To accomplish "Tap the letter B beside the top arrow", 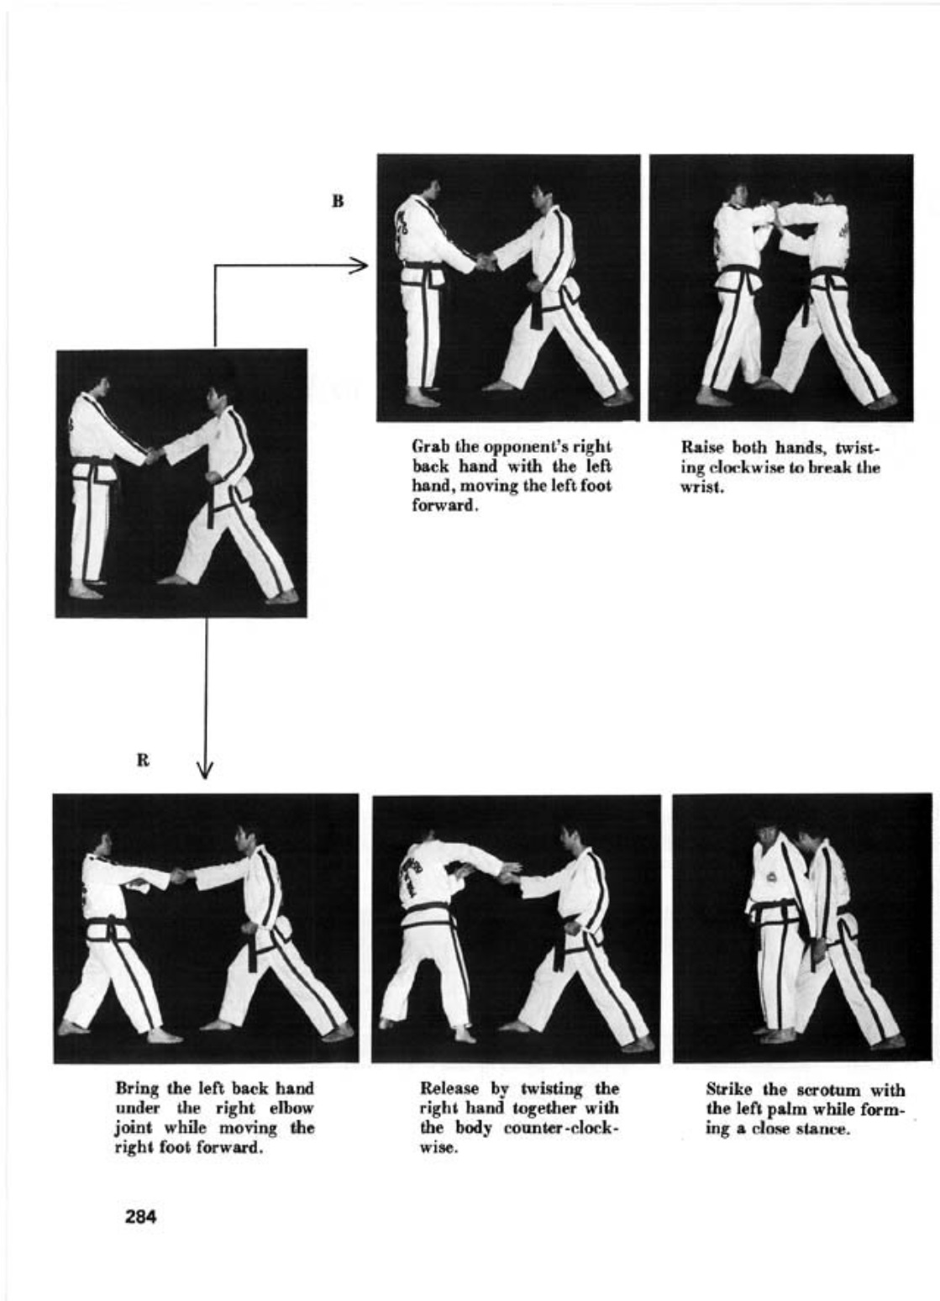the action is coord(338,201).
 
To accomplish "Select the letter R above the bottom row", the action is coord(143,761).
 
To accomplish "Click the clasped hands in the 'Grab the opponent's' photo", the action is coord(485,262).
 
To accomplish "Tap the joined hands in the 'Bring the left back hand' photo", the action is coord(181,875).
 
